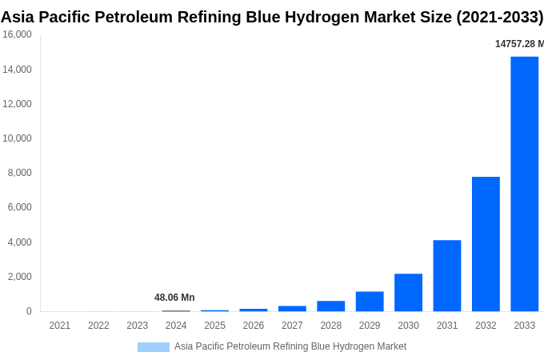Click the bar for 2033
point(524,184)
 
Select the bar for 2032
point(486,244)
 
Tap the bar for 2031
point(447,276)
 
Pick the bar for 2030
point(408,293)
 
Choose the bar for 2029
point(370,302)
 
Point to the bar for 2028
point(330,306)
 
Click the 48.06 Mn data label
point(174,298)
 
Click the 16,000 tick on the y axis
point(17,34)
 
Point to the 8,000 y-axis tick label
point(19,173)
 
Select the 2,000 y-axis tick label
point(19,277)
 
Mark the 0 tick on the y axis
point(28,311)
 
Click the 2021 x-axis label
point(60,326)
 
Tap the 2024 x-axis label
point(176,326)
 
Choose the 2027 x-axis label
point(292,326)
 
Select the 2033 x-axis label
point(524,326)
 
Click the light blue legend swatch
point(153,347)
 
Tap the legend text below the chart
point(290,346)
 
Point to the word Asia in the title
point(18,18)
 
